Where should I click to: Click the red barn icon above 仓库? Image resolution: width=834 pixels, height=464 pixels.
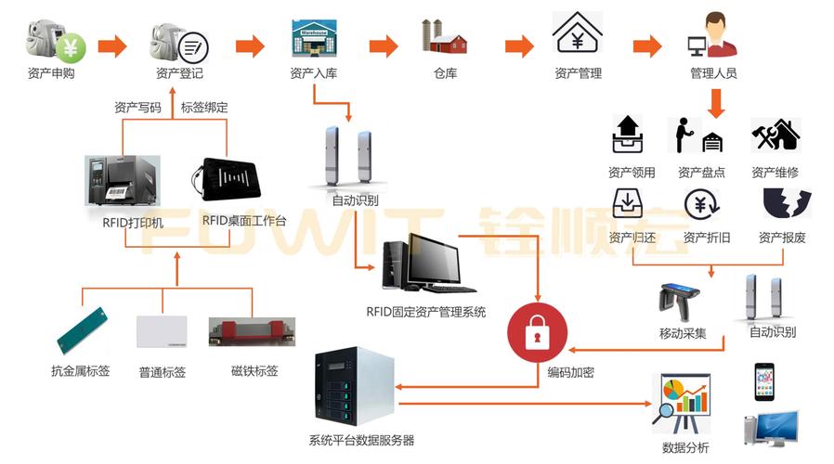click(x=445, y=38)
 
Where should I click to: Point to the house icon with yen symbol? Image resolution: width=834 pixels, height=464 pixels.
click(x=577, y=34)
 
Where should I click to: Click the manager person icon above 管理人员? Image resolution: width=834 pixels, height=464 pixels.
click(x=712, y=36)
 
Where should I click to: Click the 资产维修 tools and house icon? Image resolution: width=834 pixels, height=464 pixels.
click(x=775, y=135)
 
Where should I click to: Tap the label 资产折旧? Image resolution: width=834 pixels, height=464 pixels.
click(x=706, y=238)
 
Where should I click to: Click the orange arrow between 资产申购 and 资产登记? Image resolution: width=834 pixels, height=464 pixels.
click(x=111, y=45)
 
